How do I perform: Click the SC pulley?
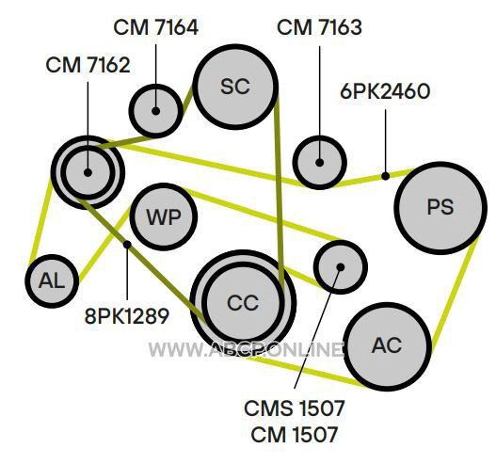click(x=235, y=87)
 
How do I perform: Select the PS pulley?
click(x=440, y=208)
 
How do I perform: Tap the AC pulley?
click(x=388, y=345)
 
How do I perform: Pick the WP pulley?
click(x=164, y=217)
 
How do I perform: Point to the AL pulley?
click(x=52, y=281)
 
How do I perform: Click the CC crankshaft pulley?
click(x=243, y=303)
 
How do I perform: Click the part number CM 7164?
click(x=155, y=27)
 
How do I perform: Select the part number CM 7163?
click(x=319, y=27)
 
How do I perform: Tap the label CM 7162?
click(x=88, y=66)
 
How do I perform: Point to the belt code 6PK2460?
click(x=385, y=91)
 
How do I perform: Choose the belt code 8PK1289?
click(x=127, y=316)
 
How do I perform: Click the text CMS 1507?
click(x=295, y=408)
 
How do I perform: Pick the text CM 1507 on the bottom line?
click(x=295, y=434)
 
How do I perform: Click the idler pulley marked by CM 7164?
click(x=155, y=111)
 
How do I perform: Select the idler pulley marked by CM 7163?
click(x=319, y=163)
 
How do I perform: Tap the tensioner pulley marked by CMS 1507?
click(x=341, y=267)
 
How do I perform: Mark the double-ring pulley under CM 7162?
click(x=88, y=172)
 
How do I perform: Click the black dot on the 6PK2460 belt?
click(x=385, y=176)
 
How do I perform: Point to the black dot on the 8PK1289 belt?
click(x=127, y=245)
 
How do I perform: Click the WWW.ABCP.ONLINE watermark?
click(x=246, y=349)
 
